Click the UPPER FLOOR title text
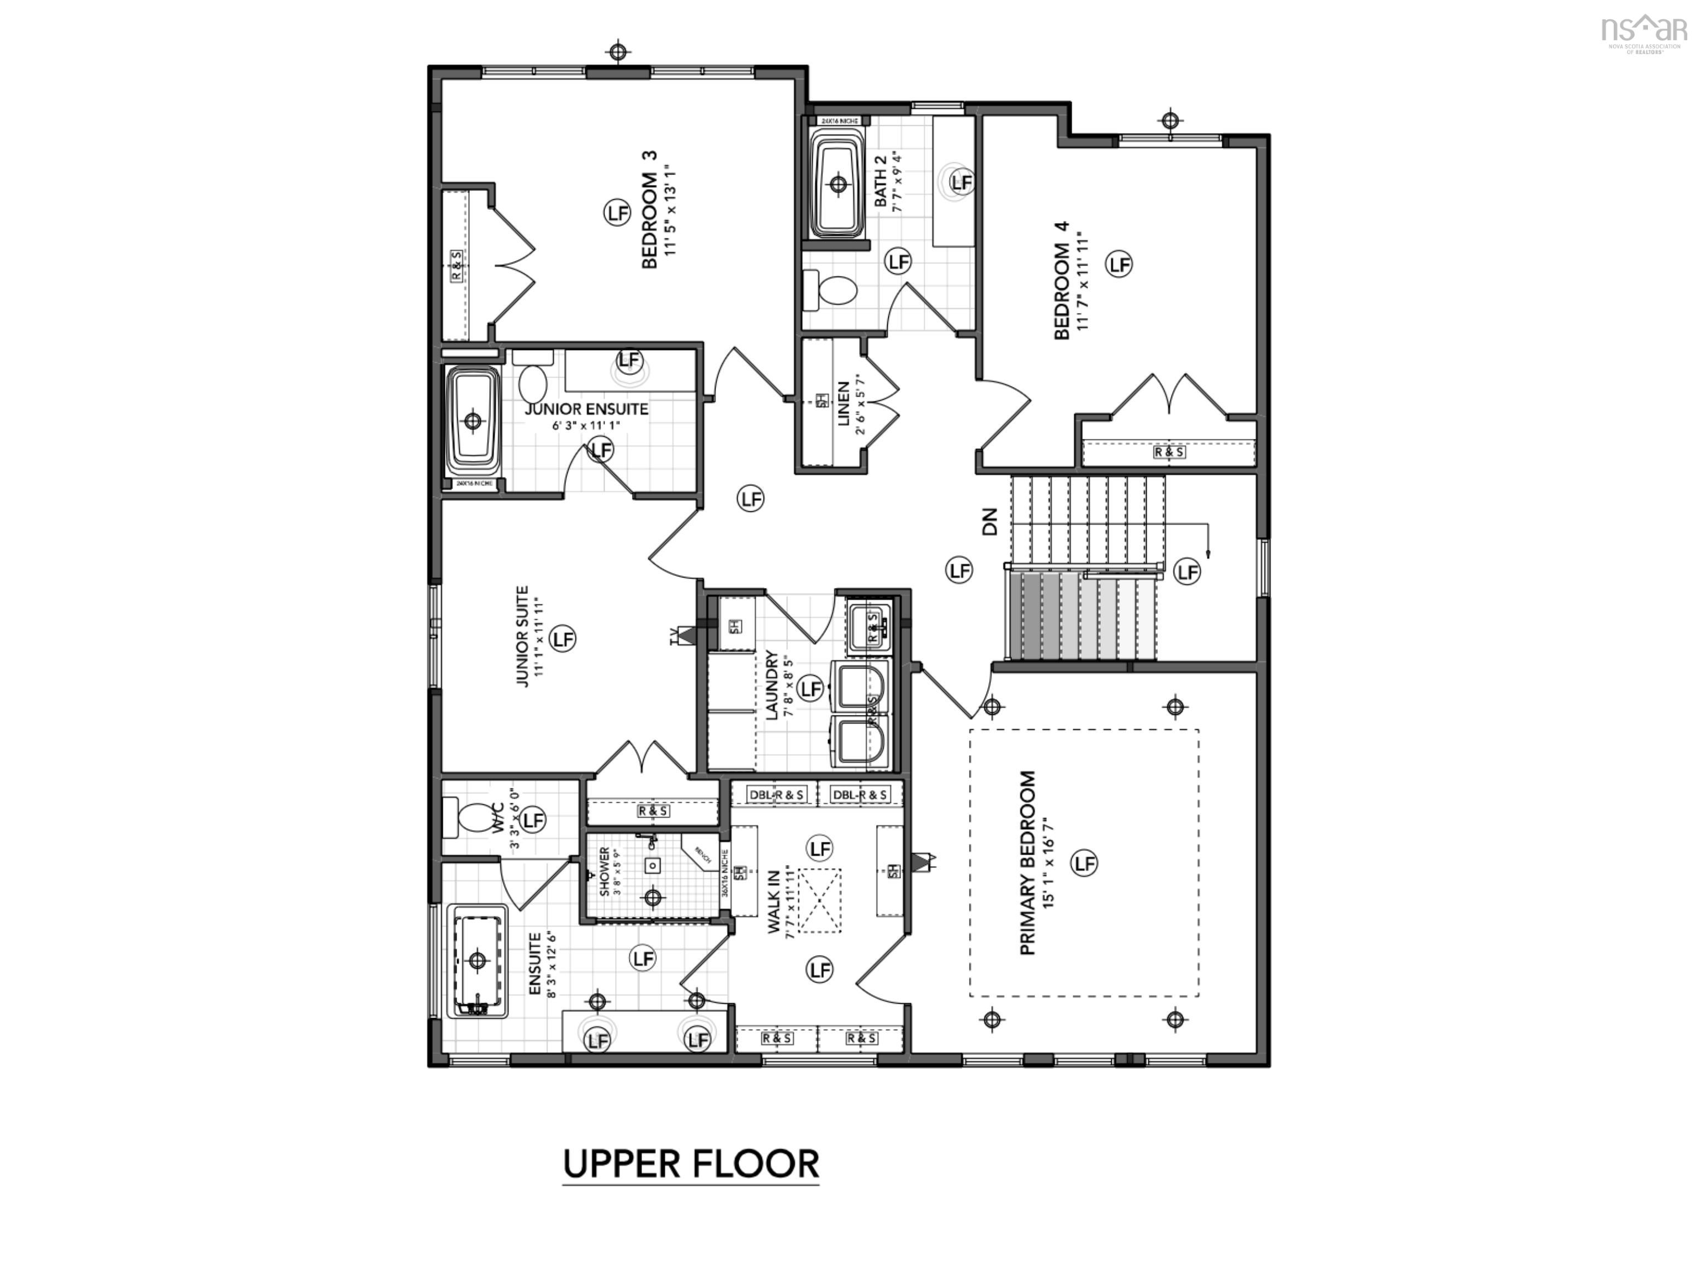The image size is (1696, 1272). (x=691, y=1164)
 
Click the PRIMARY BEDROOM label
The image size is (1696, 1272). (x=1027, y=862)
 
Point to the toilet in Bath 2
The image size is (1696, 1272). (x=830, y=292)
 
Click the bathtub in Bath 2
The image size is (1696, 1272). (x=838, y=184)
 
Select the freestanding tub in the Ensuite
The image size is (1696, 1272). (x=478, y=961)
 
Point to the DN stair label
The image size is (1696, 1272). (x=990, y=521)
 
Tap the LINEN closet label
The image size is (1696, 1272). (x=844, y=404)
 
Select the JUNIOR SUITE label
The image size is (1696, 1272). (x=522, y=637)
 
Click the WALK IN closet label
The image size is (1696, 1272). (x=773, y=901)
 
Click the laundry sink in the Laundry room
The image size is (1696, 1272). (x=870, y=623)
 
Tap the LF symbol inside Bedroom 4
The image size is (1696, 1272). (x=1120, y=264)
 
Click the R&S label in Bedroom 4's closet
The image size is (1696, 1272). (x=1169, y=452)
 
